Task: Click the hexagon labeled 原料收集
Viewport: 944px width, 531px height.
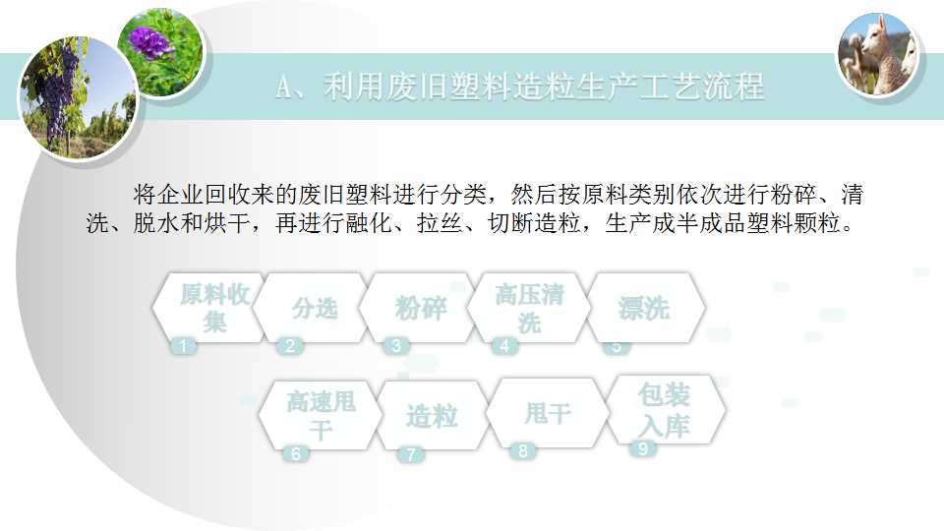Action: point(208,308)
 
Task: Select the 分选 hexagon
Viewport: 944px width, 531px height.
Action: point(312,308)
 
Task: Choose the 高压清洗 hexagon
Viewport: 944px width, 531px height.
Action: point(529,308)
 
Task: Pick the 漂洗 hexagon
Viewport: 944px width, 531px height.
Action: point(643,308)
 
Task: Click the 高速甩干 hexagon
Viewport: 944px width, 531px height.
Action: point(320,415)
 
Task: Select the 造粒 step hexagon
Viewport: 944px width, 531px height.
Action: point(431,415)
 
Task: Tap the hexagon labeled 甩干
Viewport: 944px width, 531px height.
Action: point(547,413)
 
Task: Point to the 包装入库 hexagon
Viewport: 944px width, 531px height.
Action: point(666,410)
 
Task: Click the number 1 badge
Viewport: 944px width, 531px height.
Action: point(184,346)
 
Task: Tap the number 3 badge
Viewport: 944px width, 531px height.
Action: point(396,346)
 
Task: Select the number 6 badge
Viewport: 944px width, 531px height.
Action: point(296,453)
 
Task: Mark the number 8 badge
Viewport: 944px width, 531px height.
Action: point(522,451)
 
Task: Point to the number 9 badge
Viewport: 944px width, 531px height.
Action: point(642,448)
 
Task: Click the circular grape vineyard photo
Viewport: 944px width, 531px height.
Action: point(79,97)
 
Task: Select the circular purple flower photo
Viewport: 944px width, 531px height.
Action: point(160,52)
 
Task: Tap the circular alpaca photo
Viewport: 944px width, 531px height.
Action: point(878,55)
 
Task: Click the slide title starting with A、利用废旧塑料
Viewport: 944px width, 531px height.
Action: point(520,87)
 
